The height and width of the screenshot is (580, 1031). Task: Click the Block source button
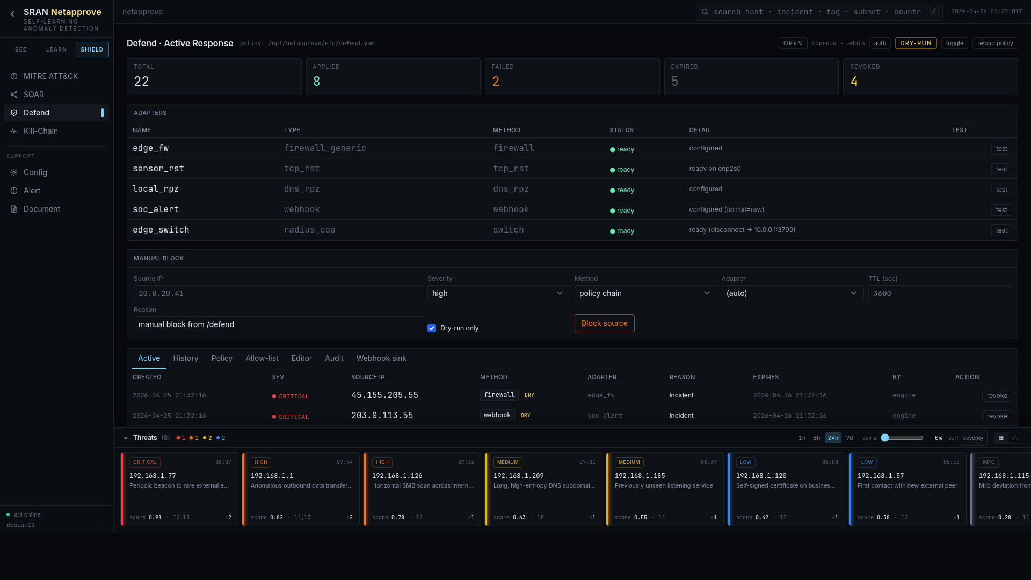(x=604, y=323)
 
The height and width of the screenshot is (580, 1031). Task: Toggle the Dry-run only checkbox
(x=432, y=328)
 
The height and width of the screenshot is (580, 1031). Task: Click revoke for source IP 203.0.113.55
(x=997, y=416)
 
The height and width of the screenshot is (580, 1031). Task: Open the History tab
(x=185, y=358)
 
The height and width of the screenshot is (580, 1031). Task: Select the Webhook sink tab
(x=381, y=358)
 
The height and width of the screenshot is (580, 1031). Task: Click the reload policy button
(x=994, y=43)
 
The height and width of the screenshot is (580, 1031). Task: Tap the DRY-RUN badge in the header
(x=916, y=43)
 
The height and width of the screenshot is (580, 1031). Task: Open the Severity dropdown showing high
(x=498, y=293)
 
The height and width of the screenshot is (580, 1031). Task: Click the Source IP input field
(x=278, y=293)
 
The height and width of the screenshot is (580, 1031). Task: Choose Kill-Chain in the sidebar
(x=41, y=131)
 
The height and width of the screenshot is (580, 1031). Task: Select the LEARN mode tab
(x=56, y=49)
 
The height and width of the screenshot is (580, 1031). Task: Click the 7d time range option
(x=850, y=438)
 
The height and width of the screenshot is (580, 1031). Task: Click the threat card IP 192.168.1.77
(x=153, y=476)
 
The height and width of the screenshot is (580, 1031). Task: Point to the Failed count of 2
(x=496, y=82)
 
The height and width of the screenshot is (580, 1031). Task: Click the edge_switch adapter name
(x=161, y=230)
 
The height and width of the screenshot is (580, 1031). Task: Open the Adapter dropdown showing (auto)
(x=792, y=293)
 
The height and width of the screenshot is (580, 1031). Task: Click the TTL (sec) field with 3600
(x=939, y=293)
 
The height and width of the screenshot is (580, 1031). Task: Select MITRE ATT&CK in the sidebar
(x=50, y=76)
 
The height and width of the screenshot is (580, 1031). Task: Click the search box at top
(x=816, y=12)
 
